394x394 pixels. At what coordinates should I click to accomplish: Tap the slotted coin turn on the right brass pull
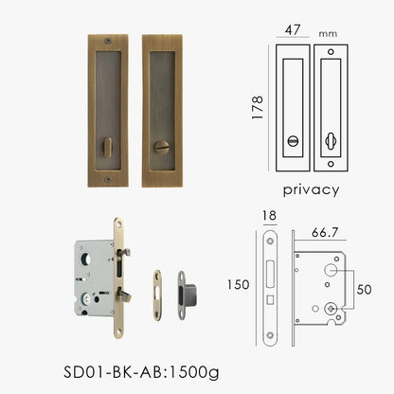point(161,148)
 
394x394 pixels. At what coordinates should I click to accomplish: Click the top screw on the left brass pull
point(107,42)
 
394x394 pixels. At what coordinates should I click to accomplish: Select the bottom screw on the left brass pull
point(107,176)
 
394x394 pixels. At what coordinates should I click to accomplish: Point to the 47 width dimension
point(294,29)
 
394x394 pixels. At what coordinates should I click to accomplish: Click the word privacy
point(310,189)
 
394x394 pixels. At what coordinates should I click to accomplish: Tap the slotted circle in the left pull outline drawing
point(292,140)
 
